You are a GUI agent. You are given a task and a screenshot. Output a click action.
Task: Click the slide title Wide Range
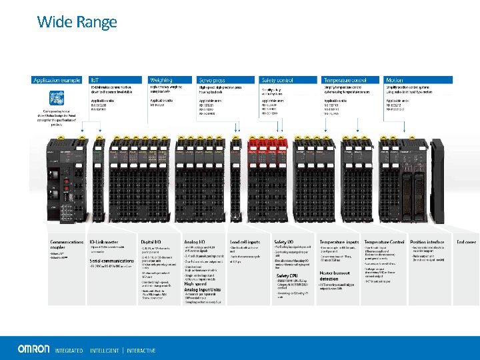pos(77,22)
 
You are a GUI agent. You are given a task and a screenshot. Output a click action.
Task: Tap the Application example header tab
pos(59,80)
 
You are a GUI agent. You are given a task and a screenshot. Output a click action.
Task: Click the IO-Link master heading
pos(104,241)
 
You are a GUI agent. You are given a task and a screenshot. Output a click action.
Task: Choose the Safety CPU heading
pos(287,275)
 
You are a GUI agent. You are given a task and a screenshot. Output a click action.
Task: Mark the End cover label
pos(465,241)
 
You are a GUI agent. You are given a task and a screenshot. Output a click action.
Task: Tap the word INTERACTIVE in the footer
pos(141,350)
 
